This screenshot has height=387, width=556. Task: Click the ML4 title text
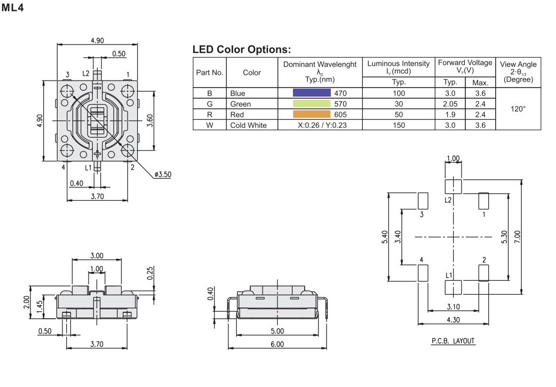(x=13, y=8)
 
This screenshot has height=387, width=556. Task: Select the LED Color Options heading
(x=241, y=50)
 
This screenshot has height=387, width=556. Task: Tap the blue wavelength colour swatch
(x=312, y=93)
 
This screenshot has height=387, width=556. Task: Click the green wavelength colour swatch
(x=312, y=104)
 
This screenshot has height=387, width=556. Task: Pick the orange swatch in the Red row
(x=312, y=114)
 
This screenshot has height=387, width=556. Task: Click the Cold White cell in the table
(x=248, y=125)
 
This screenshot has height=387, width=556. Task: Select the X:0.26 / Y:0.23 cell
(x=319, y=125)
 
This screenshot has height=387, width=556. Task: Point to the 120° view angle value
(x=518, y=108)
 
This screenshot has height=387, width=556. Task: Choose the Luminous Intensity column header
(x=398, y=67)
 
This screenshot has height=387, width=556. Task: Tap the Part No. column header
(x=210, y=73)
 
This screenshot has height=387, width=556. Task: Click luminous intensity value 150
(x=398, y=125)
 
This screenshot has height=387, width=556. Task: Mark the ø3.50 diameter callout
(x=162, y=175)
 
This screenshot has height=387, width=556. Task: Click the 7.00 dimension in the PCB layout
(x=529, y=236)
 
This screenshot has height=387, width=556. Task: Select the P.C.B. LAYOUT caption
(x=452, y=341)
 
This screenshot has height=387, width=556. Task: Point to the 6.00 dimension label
(x=277, y=344)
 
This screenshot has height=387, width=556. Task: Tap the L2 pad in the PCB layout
(x=453, y=186)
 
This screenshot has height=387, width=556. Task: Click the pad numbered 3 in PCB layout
(x=422, y=201)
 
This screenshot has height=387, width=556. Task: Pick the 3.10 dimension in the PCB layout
(x=453, y=306)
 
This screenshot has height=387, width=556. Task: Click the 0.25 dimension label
(x=150, y=273)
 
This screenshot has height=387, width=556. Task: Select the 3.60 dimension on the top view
(x=150, y=121)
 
